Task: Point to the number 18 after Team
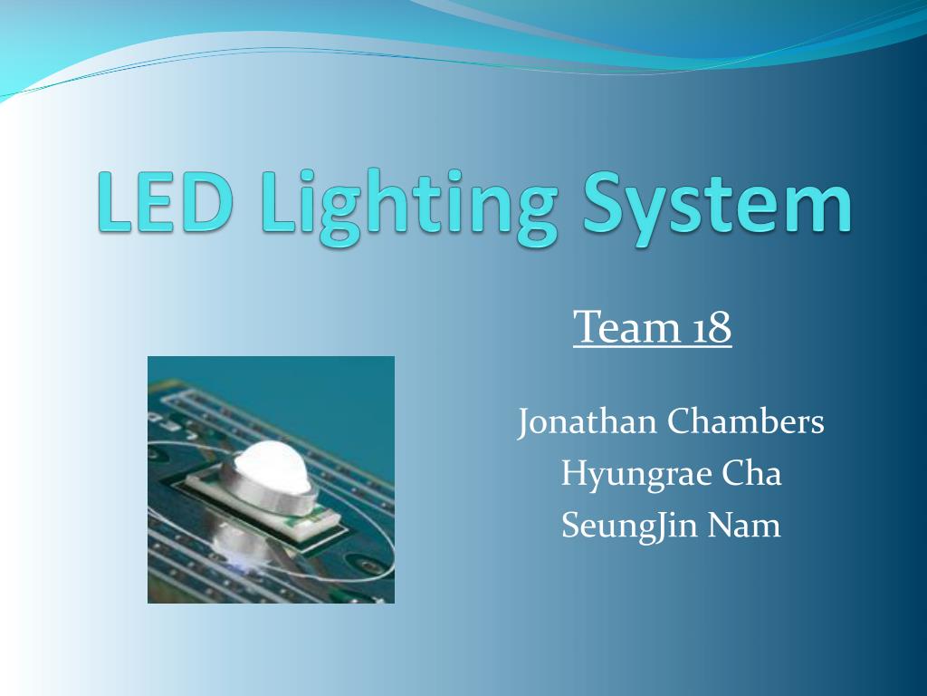coord(712,327)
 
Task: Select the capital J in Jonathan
coord(524,423)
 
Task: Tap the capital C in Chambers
coord(679,422)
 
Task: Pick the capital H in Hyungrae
coord(573,473)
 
